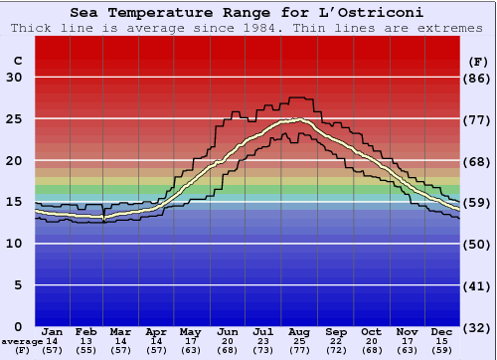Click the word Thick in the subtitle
tap(32, 27)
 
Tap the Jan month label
tap(53, 331)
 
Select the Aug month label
tap(300, 331)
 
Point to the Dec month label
tap(442, 331)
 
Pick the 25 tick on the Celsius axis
tap(14, 118)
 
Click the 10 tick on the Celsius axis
tap(14, 244)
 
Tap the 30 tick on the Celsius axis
tap(14, 78)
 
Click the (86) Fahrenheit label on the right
tap(478, 78)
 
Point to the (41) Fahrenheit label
tap(478, 285)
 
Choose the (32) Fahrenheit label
tap(478, 327)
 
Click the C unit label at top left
tap(16, 61)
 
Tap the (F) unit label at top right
tap(478, 61)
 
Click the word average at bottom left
tap(21, 342)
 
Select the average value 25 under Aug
tap(300, 342)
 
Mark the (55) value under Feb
tap(87, 351)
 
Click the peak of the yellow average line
tap(298, 120)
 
